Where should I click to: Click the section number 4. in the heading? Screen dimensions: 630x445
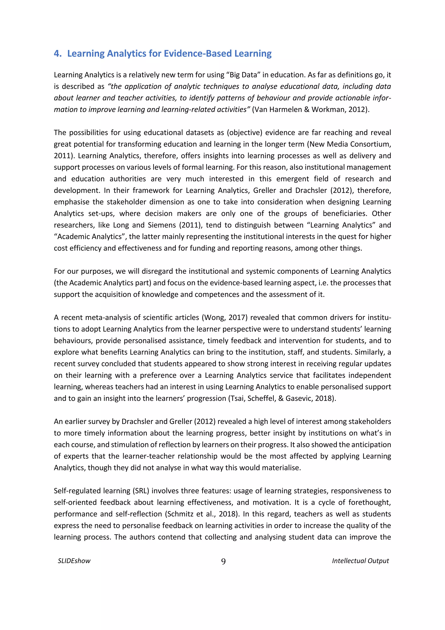tap(58, 53)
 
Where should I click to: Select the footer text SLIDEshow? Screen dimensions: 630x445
tap(74, 561)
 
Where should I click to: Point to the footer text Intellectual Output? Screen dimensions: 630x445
tap(360, 561)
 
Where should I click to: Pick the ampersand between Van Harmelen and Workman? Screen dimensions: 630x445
tap(307, 110)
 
